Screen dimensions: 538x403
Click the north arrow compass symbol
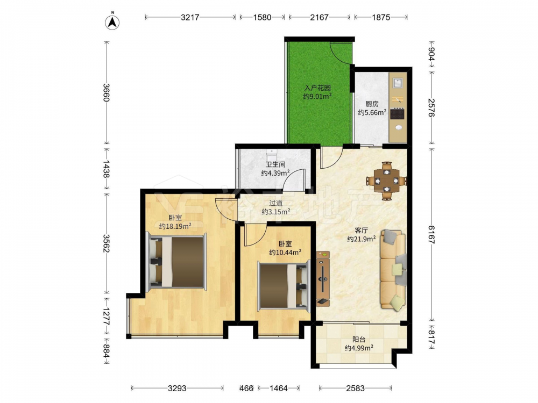pos(112,22)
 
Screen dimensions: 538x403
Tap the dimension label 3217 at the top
pos(190,17)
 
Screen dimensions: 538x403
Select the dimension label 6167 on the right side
pos(431,234)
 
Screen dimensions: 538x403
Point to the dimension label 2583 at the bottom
pos(355,388)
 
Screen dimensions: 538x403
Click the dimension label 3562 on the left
pos(107,243)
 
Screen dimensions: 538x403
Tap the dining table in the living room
pos(387,180)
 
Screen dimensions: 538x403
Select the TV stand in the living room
pos(322,278)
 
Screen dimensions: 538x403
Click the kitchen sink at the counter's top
pos(398,83)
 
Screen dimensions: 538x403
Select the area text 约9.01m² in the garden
pos(317,97)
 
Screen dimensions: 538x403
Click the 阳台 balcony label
pos(359,340)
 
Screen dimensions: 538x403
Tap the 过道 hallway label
pos(275,203)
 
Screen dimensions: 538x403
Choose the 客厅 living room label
pos(362,231)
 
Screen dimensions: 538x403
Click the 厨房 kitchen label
pos(372,104)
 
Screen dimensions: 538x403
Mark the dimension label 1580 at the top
pos(263,17)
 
